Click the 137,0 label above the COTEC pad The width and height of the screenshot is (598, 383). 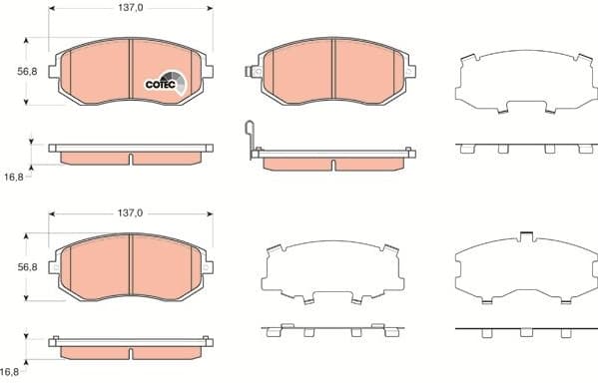pos(132,8)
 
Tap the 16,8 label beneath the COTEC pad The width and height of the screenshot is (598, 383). pos(13,177)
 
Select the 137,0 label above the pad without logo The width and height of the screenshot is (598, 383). pos(132,213)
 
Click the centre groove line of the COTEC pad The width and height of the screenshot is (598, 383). pos(132,70)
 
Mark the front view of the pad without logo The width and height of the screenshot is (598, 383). pos(132,268)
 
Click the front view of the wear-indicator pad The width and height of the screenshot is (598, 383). pos(333,72)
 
